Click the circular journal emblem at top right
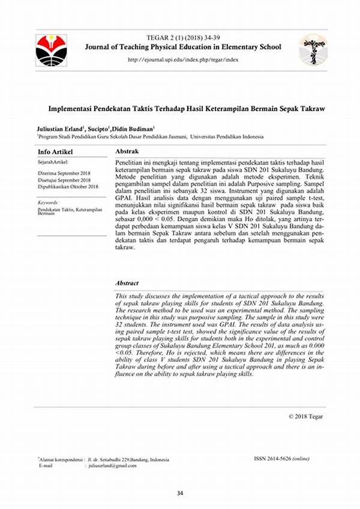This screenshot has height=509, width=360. tap(313, 50)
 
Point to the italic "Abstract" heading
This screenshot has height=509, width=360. tap(127, 283)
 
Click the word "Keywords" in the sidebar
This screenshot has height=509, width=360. tap(47, 203)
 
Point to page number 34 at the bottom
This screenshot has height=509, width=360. tap(179, 493)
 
